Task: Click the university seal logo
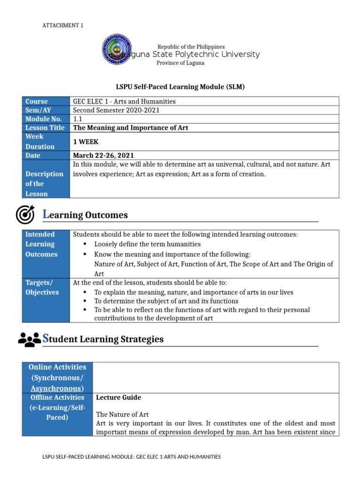117,51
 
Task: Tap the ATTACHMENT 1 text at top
63,25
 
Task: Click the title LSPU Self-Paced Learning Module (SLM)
180,87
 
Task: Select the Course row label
37,101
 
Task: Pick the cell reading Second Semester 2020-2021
116,110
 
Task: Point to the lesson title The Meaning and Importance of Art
131,128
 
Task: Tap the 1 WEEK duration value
86,142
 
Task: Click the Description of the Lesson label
44,184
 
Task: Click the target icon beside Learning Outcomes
25,215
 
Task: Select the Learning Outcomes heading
85,215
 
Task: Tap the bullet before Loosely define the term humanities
85,244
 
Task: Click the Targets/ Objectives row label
42,287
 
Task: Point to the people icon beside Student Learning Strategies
29,339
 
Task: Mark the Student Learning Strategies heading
103,339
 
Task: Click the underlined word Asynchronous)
57,388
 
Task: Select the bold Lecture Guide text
118,398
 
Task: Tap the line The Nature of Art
122,415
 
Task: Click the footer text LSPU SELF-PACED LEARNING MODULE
131,457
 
